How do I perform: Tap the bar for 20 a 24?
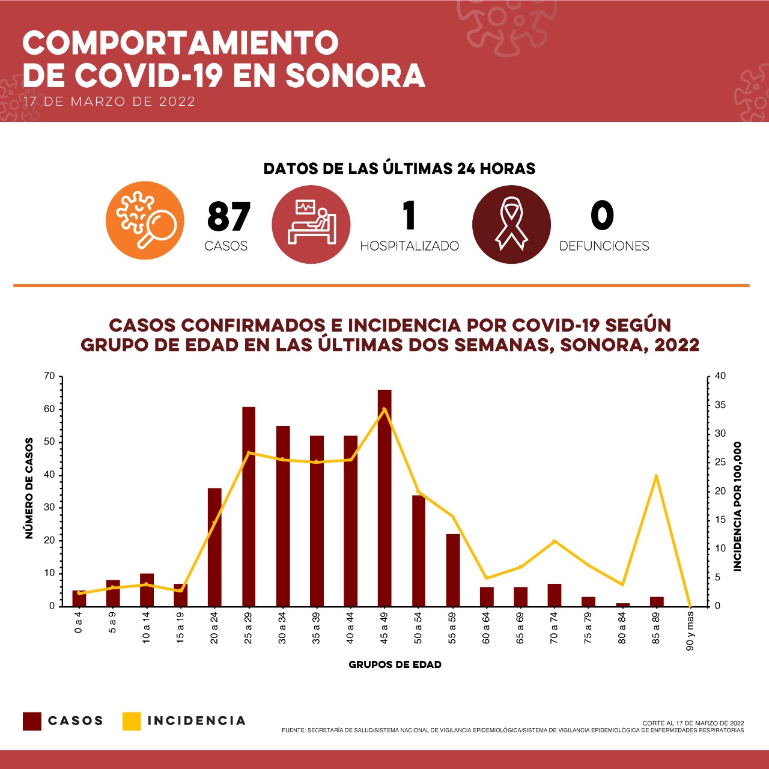(x=214, y=547)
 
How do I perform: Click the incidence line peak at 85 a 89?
(x=656, y=476)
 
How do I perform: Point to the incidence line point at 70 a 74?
(x=554, y=541)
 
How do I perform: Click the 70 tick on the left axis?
(x=49, y=377)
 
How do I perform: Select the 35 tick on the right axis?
(x=719, y=406)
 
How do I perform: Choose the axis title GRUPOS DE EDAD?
(x=395, y=664)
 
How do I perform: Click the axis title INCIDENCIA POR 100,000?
(x=738, y=506)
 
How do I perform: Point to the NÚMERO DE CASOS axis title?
(x=29, y=488)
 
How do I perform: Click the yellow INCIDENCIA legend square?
(x=132, y=721)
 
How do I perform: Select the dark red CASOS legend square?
(x=32, y=721)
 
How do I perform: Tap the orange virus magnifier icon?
(x=145, y=220)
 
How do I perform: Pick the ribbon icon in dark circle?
(x=511, y=224)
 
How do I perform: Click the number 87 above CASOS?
(x=228, y=217)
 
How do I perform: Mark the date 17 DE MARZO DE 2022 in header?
(x=109, y=102)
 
